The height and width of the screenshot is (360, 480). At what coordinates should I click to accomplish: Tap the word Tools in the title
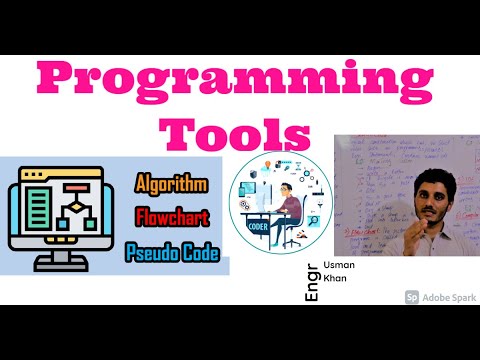click(x=239, y=133)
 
